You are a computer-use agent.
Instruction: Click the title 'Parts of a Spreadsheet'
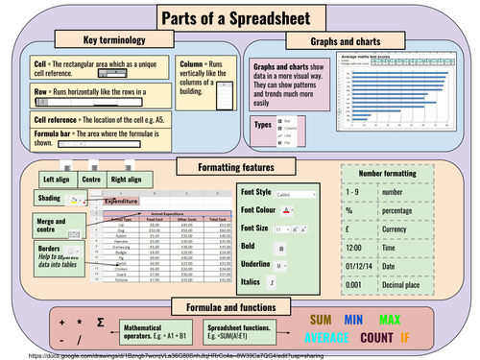click(x=240, y=17)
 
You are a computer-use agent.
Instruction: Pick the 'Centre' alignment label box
click(x=92, y=180)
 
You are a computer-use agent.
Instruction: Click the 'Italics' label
click(x=250, y=282)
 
